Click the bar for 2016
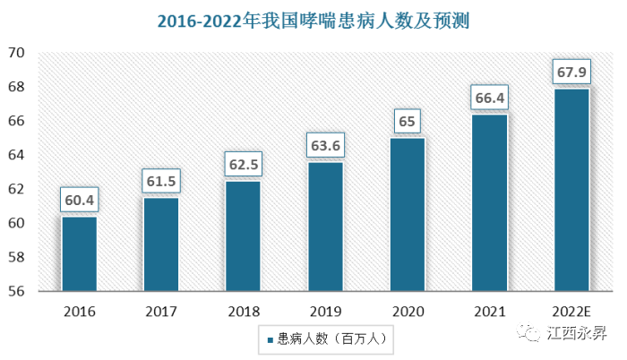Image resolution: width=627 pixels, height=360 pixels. click(x=79, y=254)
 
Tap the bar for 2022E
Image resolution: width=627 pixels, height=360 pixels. click(x=571, y=190)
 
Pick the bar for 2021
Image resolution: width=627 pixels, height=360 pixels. click(x=489, y=202)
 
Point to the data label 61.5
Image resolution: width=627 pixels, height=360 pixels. click(x=161, y=182)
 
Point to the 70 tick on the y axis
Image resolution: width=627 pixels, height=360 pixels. click(x=15, y=53)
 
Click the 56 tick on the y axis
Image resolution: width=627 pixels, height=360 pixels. click(x=15, y=291)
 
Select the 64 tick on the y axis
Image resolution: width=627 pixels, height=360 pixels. click(x=15, y=155)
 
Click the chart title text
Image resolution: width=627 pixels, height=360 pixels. click(x=313, y=20)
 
